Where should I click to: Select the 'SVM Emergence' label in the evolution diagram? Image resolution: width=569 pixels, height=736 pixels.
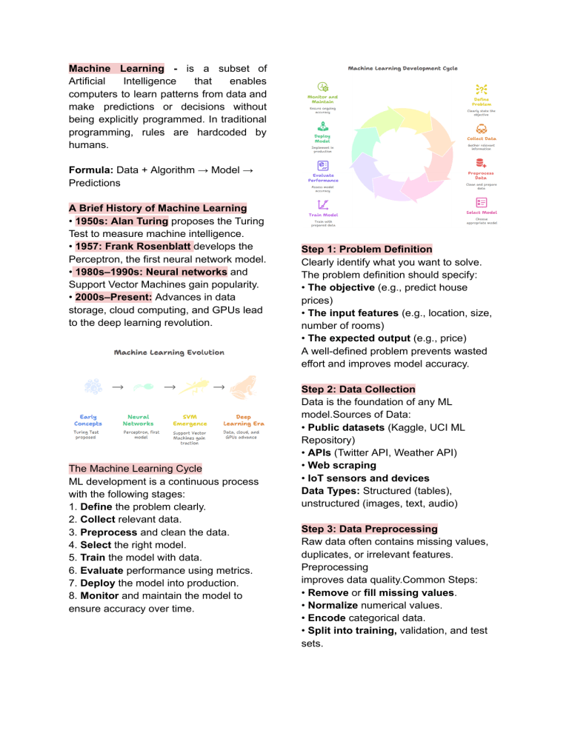click(x=190, y=420)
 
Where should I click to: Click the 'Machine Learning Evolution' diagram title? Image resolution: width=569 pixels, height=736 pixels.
click(x=169, y=352)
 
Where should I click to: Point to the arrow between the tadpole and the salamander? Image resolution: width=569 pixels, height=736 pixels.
click(x=169, y=387)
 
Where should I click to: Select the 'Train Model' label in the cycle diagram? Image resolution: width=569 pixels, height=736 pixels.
click(x=323, y=215)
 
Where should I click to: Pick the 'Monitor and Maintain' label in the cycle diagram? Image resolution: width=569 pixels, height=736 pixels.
click(x=323, y=99)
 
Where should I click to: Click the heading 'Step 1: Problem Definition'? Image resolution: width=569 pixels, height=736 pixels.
click(x=367, y=249)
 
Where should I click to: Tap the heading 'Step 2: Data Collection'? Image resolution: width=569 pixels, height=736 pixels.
click(x=359, y=389)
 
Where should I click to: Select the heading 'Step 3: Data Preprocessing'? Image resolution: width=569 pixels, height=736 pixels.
click(x=370, y=529)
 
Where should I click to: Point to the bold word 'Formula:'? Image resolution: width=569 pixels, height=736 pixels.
click(x=90, y=170)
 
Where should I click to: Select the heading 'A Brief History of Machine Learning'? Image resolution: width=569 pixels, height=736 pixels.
click(x=157, y=207)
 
